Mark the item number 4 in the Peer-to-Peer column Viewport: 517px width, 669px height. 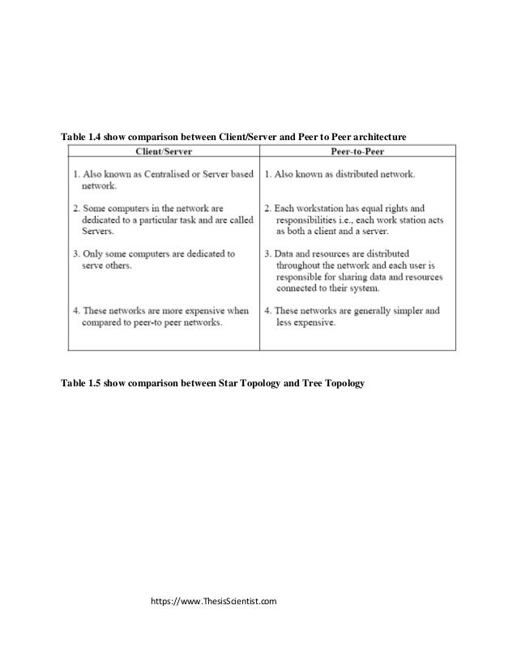267,310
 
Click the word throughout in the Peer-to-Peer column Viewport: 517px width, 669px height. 301,265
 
